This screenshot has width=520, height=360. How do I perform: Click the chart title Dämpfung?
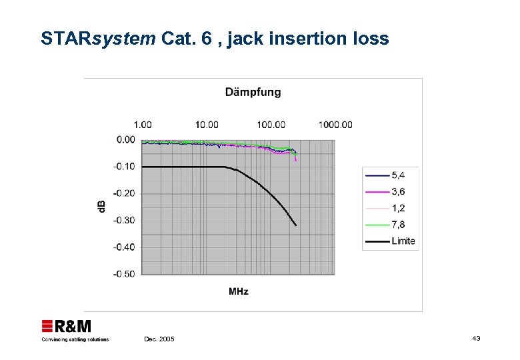tap(253, 92)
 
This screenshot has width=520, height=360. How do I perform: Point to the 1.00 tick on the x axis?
tap(143, 125)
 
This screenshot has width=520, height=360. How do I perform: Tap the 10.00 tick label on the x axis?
tap(207, 125)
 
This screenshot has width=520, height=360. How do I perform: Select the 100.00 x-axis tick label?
tap(271, 125)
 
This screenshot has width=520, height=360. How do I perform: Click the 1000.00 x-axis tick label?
tap(335, 125)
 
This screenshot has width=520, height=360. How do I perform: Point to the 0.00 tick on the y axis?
tap(125, 140)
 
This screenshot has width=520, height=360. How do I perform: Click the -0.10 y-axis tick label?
tap(124, 167)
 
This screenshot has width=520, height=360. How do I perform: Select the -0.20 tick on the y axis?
tap(124, 193)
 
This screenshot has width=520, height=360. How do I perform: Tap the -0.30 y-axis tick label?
tap(124, 220)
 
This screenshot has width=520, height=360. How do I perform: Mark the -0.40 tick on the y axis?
tap(124, 247)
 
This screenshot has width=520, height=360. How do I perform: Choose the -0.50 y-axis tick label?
tap(124, 273)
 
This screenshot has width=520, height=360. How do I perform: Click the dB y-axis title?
tap(102, 207)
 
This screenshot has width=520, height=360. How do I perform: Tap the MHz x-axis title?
tap(239, 291)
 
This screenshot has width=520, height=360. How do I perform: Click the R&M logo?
tap(67, 327)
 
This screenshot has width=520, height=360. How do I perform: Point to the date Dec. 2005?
tap(159, 339)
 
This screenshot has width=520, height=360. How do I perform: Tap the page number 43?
tap(476, 339)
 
